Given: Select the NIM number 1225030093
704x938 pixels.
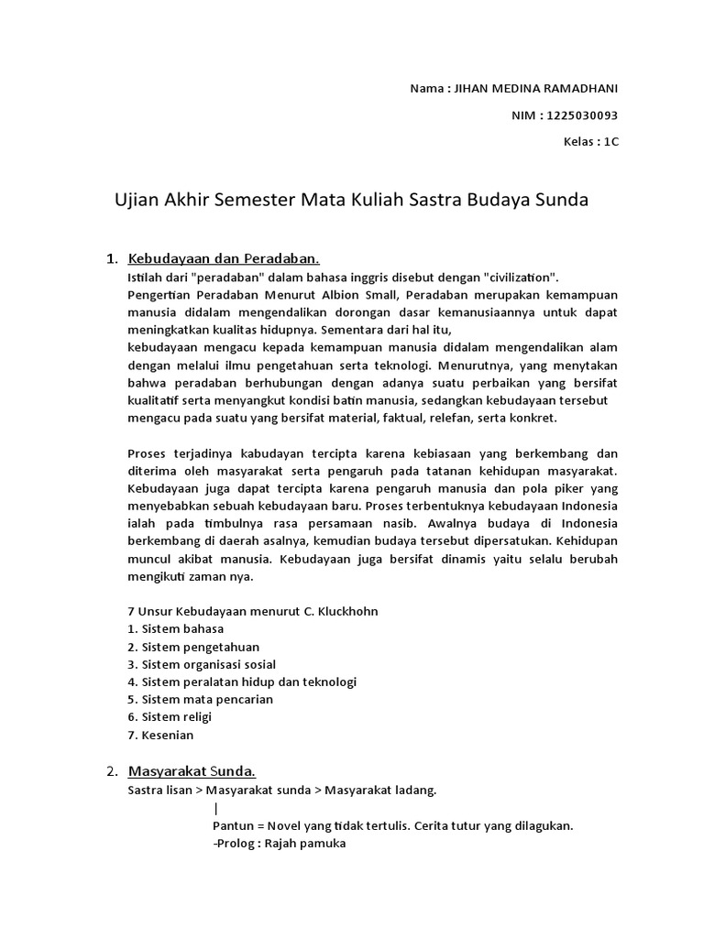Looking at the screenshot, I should click(582, 115).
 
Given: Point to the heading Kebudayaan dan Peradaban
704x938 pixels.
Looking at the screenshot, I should click(224, 258).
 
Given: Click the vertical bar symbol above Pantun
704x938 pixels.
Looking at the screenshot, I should click(215, 808).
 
